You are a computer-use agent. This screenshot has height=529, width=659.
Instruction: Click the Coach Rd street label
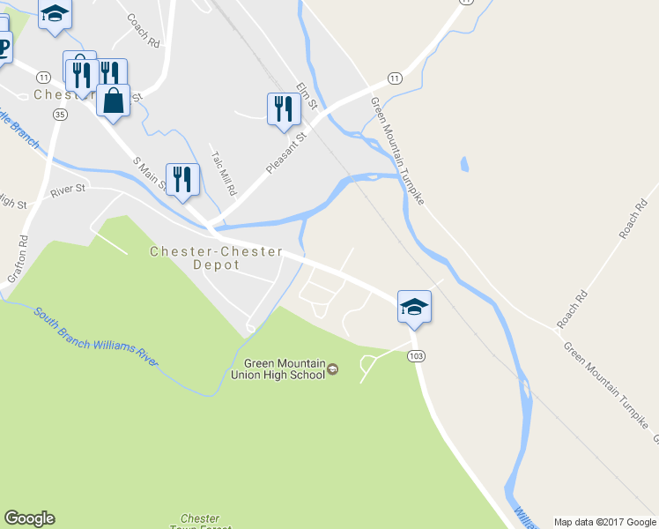click(143, 30)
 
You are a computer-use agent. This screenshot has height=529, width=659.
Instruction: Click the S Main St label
click(149, 172)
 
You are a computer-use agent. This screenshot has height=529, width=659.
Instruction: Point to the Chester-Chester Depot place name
click(217, 257)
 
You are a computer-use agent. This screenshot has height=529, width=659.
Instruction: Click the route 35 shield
click(60, 115)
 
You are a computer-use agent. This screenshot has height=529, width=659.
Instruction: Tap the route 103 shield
click(418, 355)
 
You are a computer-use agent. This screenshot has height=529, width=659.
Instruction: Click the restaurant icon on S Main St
click(182, 179)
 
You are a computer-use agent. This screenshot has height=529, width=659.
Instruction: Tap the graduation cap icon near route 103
click(414, 306)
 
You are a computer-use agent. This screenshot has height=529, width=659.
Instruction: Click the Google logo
click(29, 518)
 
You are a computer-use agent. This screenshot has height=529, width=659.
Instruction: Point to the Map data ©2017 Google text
click(604, 522)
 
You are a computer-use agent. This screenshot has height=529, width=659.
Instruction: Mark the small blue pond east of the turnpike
click(464, 165)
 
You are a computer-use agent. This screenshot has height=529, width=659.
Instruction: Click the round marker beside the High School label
click(332, 369)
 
